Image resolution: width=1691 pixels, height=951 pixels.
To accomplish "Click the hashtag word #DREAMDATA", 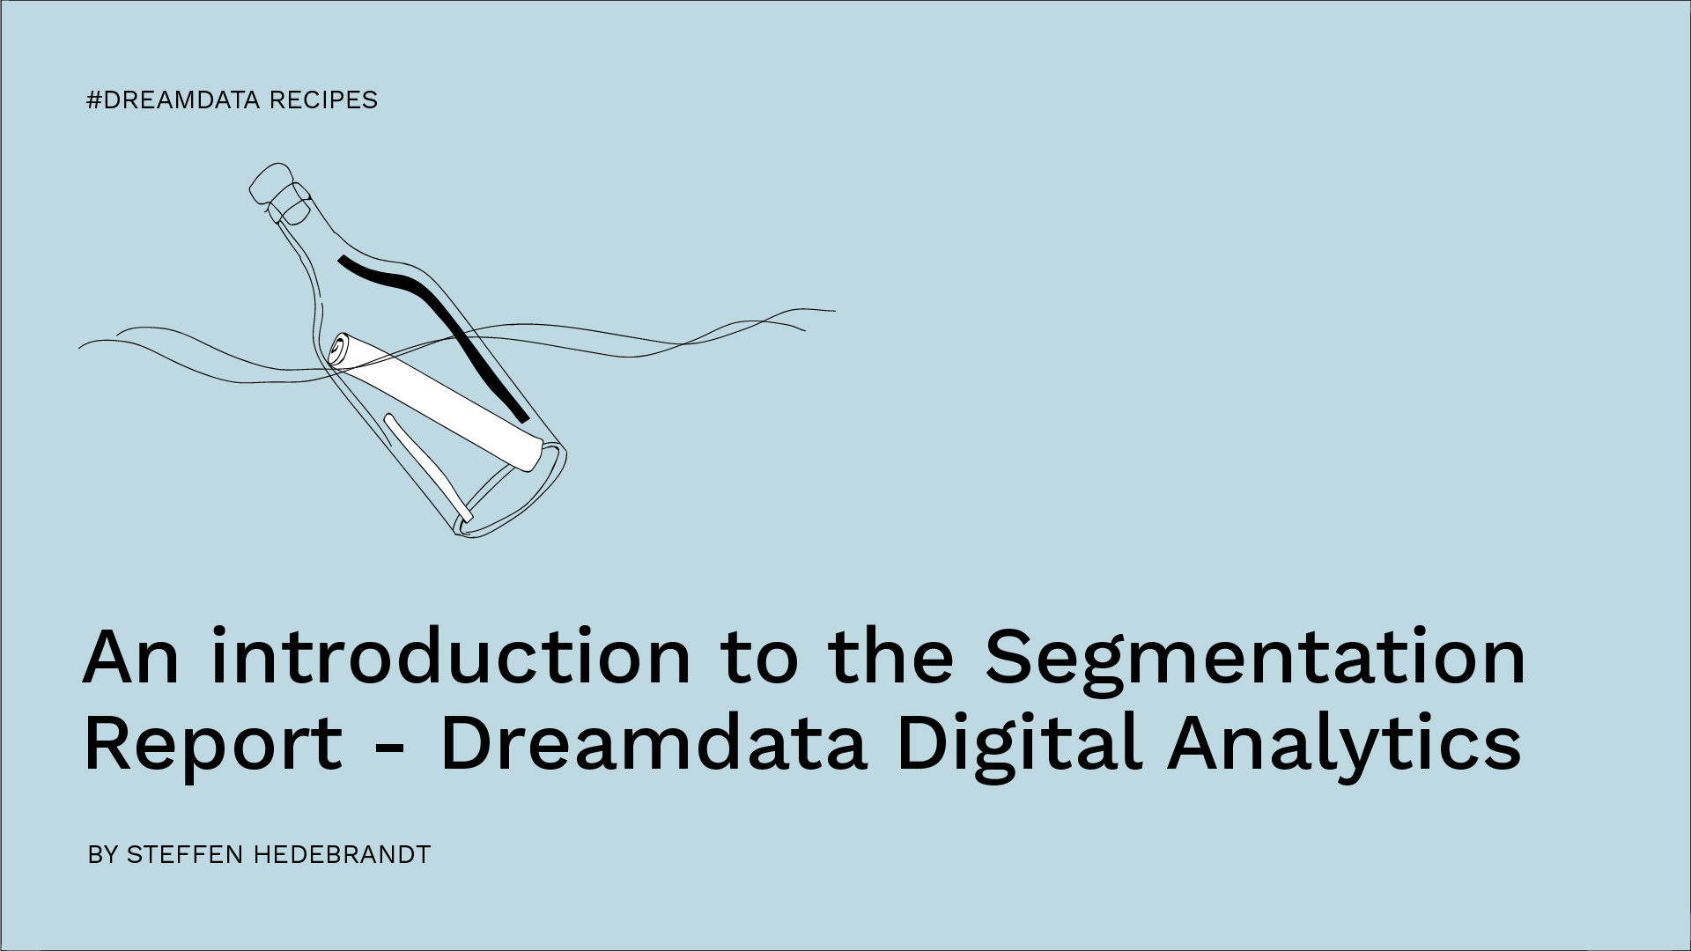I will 174,100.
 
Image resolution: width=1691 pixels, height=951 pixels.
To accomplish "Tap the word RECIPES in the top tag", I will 322,100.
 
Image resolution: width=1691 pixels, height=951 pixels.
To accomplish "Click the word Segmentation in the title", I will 1254,659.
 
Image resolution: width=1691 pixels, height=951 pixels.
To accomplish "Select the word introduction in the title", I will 450,659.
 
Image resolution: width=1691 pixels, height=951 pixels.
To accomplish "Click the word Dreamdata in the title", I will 653,745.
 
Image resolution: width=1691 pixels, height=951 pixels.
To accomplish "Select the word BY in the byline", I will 102,854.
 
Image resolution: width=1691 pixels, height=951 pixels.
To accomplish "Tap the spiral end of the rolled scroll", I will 338,351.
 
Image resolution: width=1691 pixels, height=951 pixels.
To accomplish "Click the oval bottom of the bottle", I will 511,493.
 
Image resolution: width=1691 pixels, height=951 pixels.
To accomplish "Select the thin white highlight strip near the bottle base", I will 427,467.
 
